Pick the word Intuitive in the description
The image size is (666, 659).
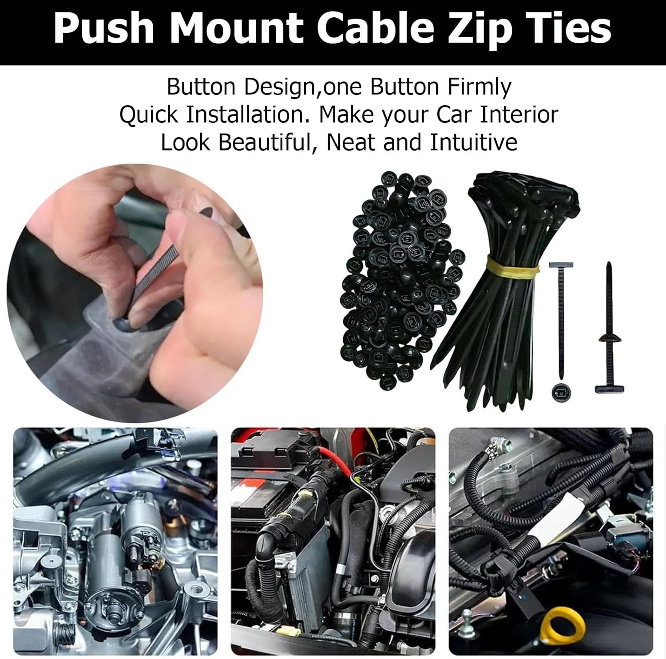pyautogui.click(x=473, y=142)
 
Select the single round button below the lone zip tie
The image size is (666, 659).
pyautogui.click(x=560, y=391)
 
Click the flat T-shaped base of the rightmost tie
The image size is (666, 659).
pyautogui.click(x=609, y=389)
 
